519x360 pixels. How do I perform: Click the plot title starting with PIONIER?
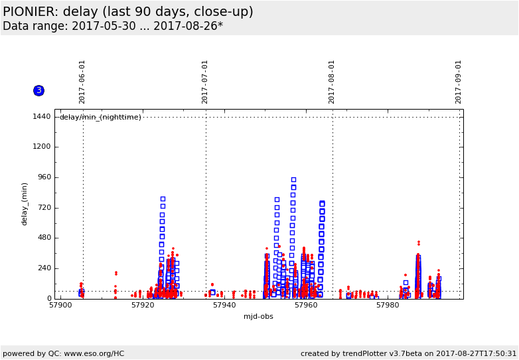(x=128, y=12)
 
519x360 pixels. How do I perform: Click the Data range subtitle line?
(x=113, y=27)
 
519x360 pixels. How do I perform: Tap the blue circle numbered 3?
(x=38, y=90)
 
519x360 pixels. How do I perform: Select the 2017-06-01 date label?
(x=82, y=82)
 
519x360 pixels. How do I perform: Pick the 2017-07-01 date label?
(x=205, y=82)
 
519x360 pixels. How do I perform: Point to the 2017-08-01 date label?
(x=332, y=82)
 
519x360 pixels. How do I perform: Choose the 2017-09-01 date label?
(x=458, y=82)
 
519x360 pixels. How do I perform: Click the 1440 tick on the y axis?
(x=41, y=117)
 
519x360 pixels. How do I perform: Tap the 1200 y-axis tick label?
(x=41, y=147)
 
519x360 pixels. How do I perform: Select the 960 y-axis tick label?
(x=43, y=177)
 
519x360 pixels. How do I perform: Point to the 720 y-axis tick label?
(x=43, y=208)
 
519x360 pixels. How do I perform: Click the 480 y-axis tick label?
(x=43, y=238)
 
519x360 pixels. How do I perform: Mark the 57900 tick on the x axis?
(x=60, y=306)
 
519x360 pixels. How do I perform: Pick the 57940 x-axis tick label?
(x=224, y=306)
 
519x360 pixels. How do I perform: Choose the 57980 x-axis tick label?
(x=388, y=306)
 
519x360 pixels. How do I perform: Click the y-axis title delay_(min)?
(x=25, y=204)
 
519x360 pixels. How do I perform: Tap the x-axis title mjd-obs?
(x=258, y=316)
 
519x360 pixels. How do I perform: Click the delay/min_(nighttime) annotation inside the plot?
(x=100, y=118)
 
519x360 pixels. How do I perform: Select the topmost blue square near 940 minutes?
(x=293, y=180)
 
